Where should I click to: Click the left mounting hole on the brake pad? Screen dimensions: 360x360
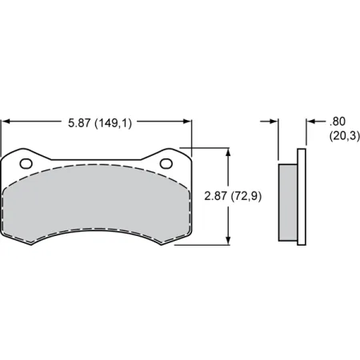click(x=26, y=164)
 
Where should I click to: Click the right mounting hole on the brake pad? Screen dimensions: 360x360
click(x=166, y=164)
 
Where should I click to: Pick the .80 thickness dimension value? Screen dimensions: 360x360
click(x=336, y=122)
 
